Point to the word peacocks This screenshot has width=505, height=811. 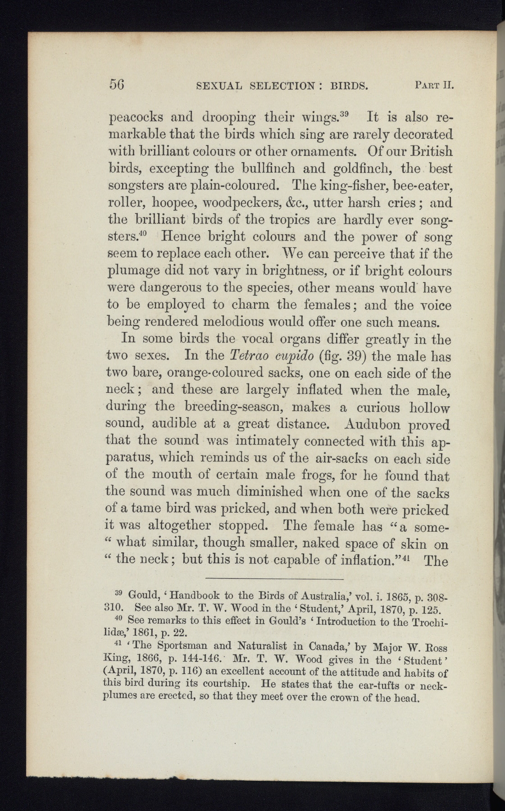coord(135,118)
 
